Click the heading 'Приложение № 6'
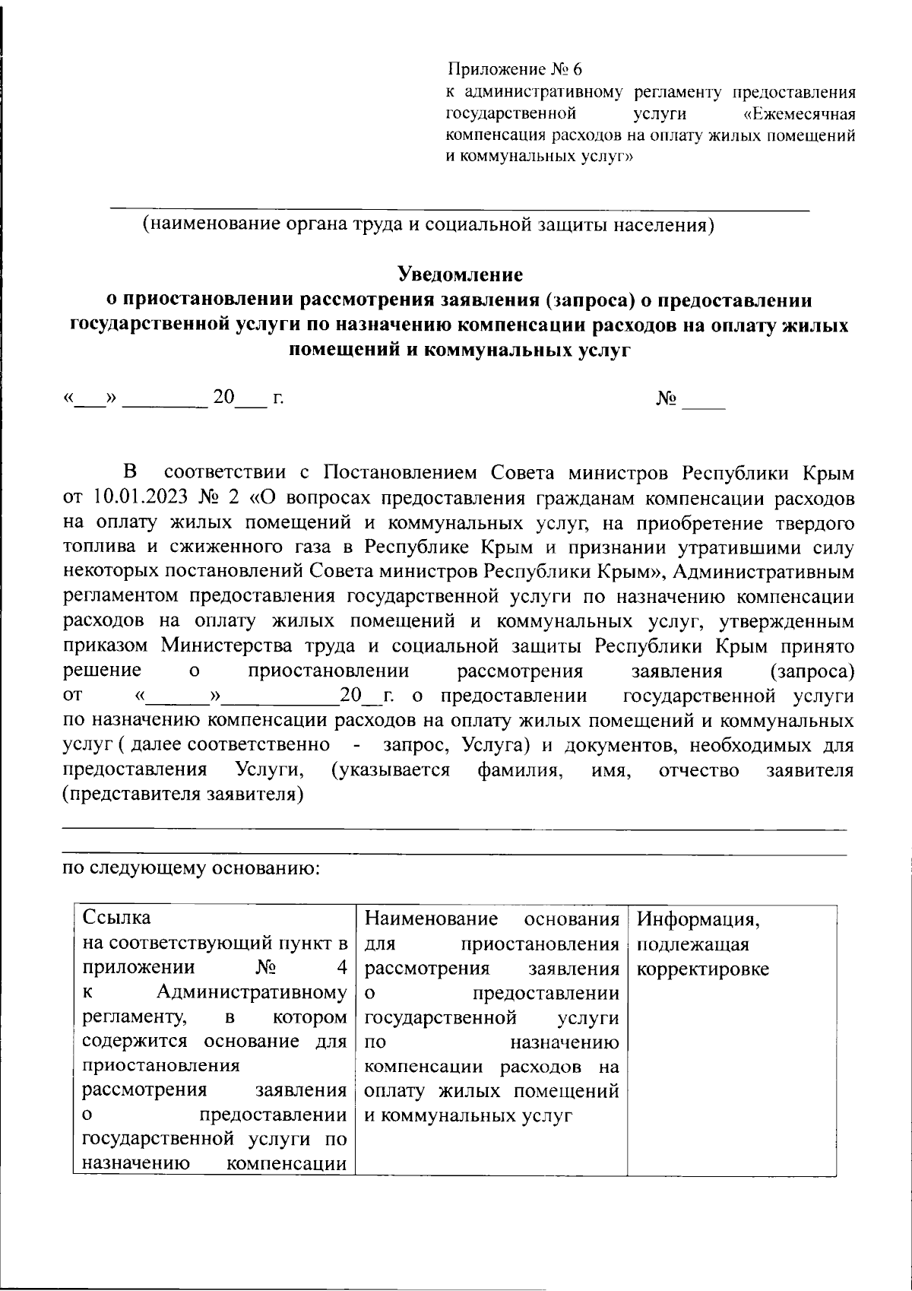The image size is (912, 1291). tap(515, 71)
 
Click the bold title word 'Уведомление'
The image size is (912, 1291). tap(461, 273)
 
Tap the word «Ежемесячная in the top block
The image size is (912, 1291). tap(799, 115)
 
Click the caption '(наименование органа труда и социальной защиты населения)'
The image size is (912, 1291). tap(429, 225)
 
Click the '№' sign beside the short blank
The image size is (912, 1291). tap(667, 398)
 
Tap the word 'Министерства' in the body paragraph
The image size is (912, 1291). tap(258, 646)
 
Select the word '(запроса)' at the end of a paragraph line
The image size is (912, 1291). tap(812, 671)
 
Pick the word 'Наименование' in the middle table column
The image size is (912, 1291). tap(432, 918)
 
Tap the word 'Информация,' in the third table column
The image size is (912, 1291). tap(698, 918)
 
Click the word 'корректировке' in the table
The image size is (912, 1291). tap(702, 969)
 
